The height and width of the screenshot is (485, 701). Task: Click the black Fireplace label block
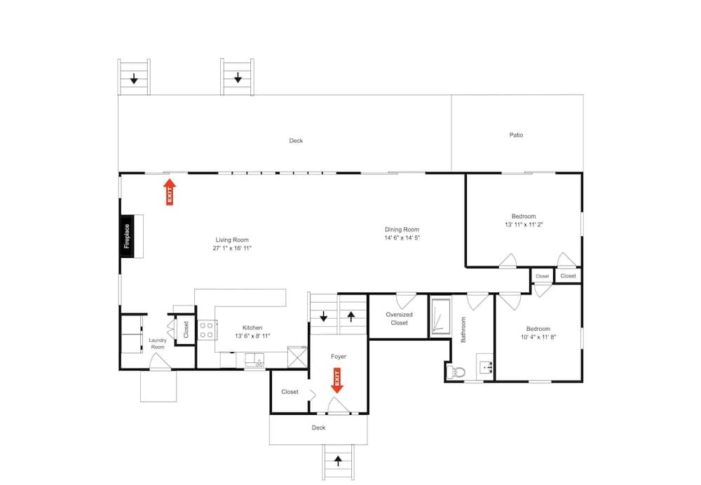[127, 236]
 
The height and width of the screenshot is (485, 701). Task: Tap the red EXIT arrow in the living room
[170, 192]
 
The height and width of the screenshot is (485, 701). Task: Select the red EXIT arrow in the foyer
[337, 381]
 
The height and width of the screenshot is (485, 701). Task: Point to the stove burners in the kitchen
[207, 330]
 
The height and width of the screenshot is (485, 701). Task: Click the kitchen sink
[255, 360]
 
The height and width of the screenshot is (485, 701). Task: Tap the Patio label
[516, 135]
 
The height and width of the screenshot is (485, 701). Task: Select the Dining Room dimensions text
[402, 238]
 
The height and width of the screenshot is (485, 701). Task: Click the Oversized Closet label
[400, 319]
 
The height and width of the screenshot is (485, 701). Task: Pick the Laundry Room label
[157, 343]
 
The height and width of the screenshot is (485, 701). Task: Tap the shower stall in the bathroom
[440, 317]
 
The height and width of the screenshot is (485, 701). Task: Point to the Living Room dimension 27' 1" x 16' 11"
[232, 248]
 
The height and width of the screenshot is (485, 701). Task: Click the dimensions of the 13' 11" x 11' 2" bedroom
[524, 224]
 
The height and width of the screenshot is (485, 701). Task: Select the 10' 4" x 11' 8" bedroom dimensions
[538, 337]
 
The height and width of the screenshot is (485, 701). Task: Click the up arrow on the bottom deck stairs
[338, 460]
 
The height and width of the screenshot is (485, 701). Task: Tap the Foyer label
[339, 356]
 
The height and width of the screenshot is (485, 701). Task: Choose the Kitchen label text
[252, 327]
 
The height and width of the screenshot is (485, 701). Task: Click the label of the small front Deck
[318, 428]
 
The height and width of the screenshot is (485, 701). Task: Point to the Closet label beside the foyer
[290, 392]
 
